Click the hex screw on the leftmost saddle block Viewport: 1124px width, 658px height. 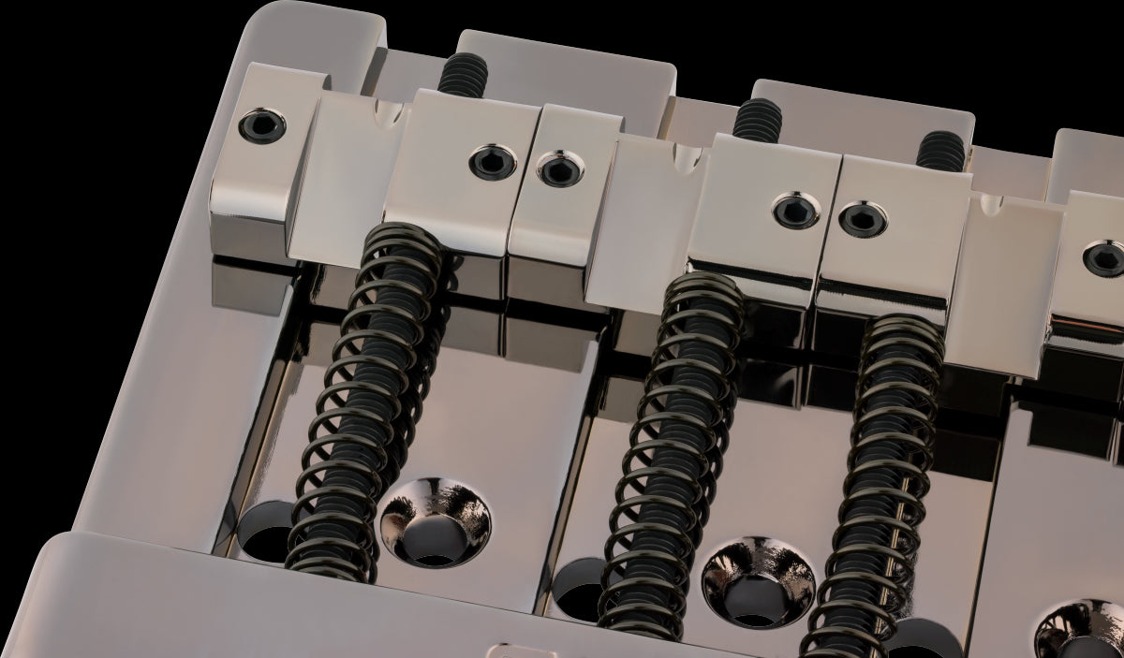261,125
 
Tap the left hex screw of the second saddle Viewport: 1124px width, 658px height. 492,161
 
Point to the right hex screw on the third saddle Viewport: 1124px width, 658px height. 862,220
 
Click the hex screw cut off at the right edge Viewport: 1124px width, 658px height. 1105,257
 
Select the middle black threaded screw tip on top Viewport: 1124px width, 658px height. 758,121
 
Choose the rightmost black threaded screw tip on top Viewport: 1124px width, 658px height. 939,151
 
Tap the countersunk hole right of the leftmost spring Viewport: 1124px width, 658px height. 435,521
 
